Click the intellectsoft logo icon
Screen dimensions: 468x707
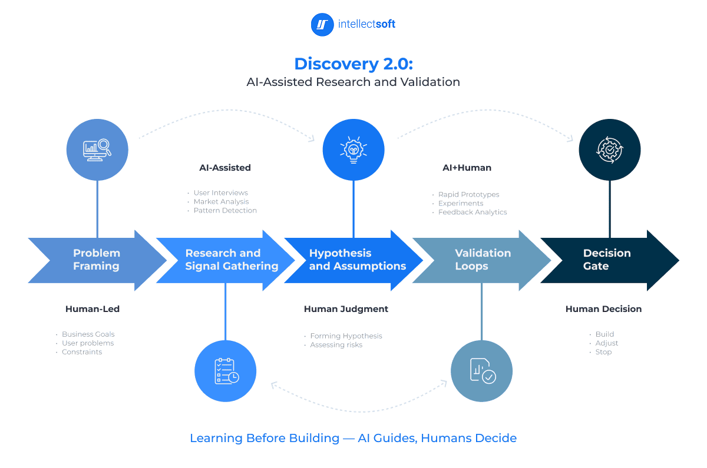point(322,25)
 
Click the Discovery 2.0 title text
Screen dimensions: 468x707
point(353,64)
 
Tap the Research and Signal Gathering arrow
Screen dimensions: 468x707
point(227,260)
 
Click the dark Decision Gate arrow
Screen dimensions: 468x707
point(607,260)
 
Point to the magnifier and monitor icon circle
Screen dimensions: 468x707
point(97,150)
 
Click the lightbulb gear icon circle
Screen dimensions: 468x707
point(353,150)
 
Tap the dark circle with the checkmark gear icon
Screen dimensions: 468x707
point(610,150)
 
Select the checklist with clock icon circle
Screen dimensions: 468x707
point(226,371)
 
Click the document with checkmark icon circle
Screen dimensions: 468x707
point(482,371)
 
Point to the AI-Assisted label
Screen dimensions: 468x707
point(225,168)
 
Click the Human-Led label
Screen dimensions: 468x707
point(92,309)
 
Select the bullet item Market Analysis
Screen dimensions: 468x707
point(221,202)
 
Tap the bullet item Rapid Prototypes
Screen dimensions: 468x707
point(468,194)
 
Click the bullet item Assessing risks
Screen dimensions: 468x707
point(336,345)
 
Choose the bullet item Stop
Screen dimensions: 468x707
point(604,352)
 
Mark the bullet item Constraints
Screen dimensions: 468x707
point(82,352)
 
